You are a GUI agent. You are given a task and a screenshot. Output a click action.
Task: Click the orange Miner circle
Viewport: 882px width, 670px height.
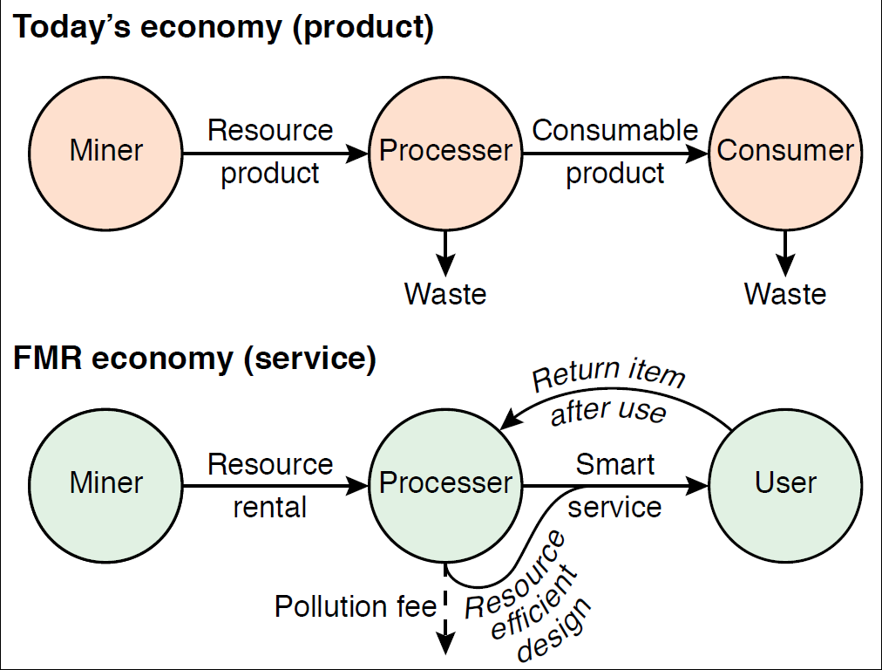[x=105, y=151]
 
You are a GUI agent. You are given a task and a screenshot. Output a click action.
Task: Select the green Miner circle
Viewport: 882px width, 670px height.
[x=105, y=482]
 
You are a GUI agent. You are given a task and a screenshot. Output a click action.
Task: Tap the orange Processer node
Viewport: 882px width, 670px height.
[x=445, y=151]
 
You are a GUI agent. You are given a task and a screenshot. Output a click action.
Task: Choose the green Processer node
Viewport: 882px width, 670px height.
[x=445, y=482]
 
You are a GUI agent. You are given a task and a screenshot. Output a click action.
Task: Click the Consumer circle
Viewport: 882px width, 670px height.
[x=785, y=151]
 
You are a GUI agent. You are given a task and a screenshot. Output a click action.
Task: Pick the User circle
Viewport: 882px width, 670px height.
[x=785, y=482]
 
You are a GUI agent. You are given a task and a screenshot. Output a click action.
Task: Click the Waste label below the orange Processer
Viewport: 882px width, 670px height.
[x=445, y=294]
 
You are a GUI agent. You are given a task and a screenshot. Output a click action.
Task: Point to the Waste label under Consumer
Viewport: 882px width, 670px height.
[x=785, y=294]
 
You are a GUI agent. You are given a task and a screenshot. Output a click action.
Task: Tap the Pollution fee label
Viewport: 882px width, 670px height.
[x=355, y=606]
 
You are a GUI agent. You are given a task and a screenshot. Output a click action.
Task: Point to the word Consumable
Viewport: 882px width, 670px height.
[x=615, y=131]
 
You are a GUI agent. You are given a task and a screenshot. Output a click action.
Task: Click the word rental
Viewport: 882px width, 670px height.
[x=270, y=507]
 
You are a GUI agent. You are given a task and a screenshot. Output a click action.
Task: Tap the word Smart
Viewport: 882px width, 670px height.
[x=615, y=464]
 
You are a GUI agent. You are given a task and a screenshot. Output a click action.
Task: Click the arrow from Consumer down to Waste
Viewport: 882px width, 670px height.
[x=785, y=253]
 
